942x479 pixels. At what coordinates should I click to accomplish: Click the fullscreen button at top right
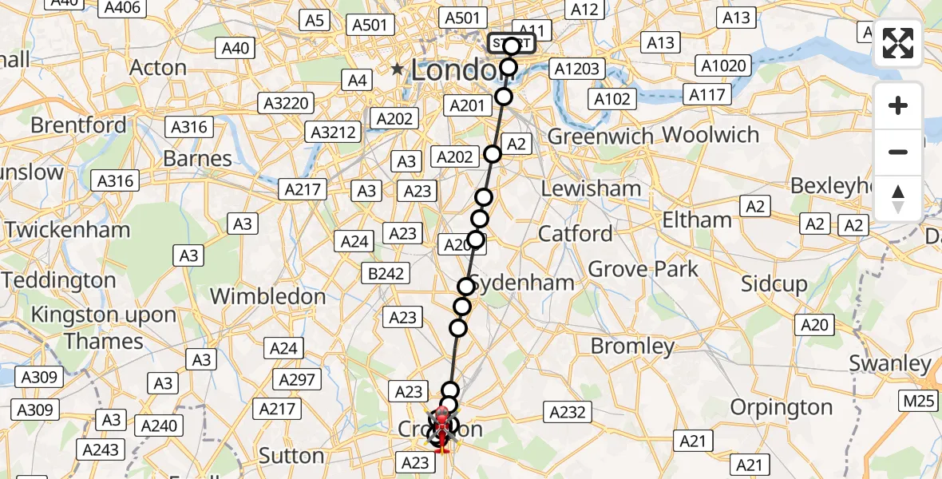(898, 43)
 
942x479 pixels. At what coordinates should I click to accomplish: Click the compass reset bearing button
(898, 199)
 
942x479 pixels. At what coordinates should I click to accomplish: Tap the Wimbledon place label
(267, 296)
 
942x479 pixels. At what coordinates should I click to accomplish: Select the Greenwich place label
(601, 137)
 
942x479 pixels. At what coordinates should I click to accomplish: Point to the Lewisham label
(591, 189)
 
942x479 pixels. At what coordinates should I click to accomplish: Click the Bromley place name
(632, 346)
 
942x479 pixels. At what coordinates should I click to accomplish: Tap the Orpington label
(782, 407)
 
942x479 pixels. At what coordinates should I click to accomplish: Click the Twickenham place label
(67, 230)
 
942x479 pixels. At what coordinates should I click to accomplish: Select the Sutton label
(291, 456)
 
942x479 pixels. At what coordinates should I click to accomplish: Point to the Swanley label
(890, 364)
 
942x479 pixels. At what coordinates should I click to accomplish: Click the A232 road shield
(568, 412)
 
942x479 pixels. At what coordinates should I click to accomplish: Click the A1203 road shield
(577, 69)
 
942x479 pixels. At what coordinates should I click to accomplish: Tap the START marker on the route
(511, 43)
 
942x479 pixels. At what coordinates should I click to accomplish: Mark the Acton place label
(158, 68)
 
